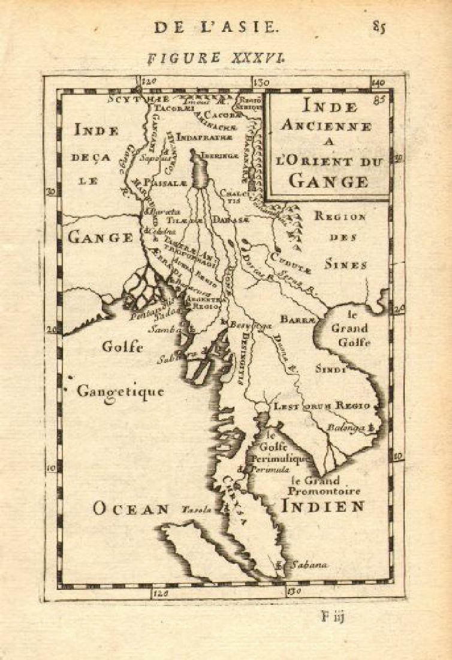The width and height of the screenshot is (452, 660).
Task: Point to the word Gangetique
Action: click(120, 392)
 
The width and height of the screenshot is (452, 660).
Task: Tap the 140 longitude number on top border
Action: click(378, 82)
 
